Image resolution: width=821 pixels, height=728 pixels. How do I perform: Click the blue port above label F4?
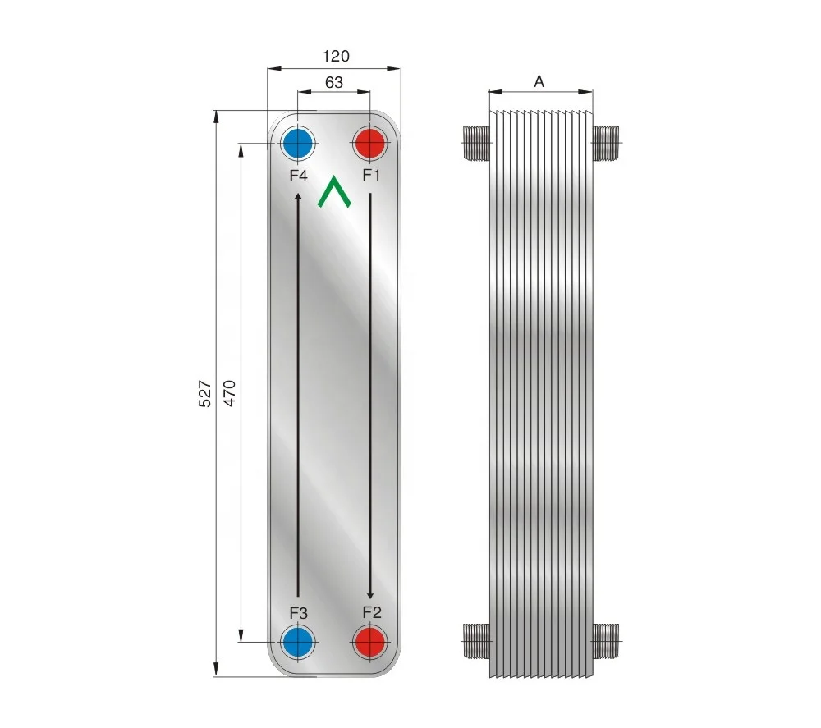[297, 144]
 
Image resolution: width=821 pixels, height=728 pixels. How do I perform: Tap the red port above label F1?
[369, 144]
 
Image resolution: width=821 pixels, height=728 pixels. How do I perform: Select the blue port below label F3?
[297, 642]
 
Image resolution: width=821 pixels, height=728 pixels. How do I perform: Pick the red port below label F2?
[369, 642]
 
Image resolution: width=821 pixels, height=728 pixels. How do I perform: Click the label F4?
[297, 176]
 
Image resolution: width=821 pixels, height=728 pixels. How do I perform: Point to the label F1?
[372, 176]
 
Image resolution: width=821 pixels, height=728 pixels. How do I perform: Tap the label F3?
[298, 612]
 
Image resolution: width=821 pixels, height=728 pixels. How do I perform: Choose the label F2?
[372, 612]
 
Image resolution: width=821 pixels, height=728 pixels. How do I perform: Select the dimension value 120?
[335, 57]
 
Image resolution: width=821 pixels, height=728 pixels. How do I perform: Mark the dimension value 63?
[334, 82]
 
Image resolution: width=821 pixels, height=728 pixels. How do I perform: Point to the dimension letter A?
[539, 81]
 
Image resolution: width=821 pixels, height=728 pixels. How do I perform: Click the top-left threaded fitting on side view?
[476, 144]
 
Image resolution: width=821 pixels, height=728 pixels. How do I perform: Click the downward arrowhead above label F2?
[370, 593]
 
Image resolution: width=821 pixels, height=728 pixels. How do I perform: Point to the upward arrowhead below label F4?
[298, 196]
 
